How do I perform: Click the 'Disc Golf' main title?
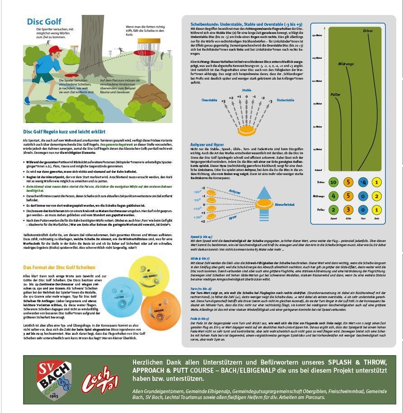pyautogui.click(x=44, y=22)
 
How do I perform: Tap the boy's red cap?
pyautogui.click(x=54, y=49)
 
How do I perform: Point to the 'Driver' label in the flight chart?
pyautogui.click(x=368, y=31)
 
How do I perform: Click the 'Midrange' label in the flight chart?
pyautogui.click(x=346, y=64)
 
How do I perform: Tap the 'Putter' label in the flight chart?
pyautogui.click(x=335, y=95)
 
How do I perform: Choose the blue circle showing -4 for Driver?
pyautogui.click(x=362, y=182)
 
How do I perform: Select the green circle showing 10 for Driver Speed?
pyautogui.click(x=333, y=182)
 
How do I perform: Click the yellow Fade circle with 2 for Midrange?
pyautogui.click(x=377, y=196)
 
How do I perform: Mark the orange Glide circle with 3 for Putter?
pyautogui.click(x=348, y=210)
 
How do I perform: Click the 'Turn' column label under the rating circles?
pyautogui.click(x=362, y=218)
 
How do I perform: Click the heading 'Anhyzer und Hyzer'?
pyautogui.click(x=208, y=145)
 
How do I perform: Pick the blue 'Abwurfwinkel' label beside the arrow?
pyautogui.click(x=285, y=204)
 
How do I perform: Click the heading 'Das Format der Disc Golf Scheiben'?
pyautogui.click(x=59, y=267)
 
